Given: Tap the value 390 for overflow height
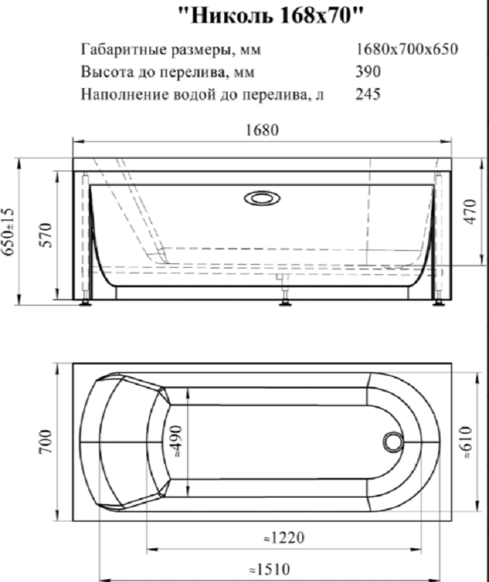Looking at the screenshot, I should point(369,72).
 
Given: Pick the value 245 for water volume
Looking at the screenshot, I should point(369,94).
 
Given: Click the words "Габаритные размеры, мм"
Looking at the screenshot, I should point(170,50).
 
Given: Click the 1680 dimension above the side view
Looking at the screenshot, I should point(263,131).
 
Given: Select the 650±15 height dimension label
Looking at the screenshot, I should point(9,231).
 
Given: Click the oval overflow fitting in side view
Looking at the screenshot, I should point(260,198).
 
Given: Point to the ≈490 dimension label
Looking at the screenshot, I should point(179,440).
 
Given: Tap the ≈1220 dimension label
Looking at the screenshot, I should point(282,539).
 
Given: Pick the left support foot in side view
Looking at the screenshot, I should point(87,300).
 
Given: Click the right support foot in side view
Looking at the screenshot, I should point(440,300).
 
